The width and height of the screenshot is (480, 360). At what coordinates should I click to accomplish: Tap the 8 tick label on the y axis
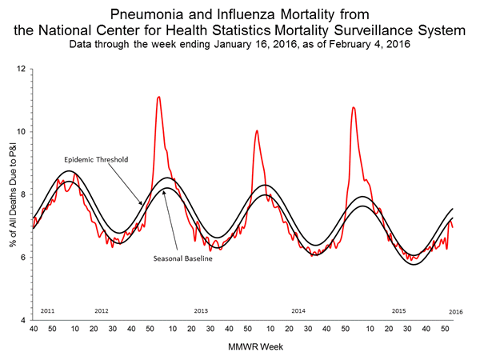coord(24,194)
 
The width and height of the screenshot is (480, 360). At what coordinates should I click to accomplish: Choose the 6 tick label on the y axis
coord(24,258)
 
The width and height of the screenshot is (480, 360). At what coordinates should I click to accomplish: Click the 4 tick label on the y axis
coord(24,320)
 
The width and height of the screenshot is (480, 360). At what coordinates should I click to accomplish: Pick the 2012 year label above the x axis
coord(102,310)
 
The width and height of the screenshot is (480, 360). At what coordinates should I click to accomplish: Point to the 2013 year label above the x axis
coord(201,310)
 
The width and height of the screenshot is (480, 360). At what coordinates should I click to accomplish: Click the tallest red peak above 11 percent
coord(158,97)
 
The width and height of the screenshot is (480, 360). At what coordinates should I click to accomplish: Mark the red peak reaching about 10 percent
coord(257,130)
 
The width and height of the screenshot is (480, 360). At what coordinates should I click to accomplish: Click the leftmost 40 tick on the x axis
coord(34,329)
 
